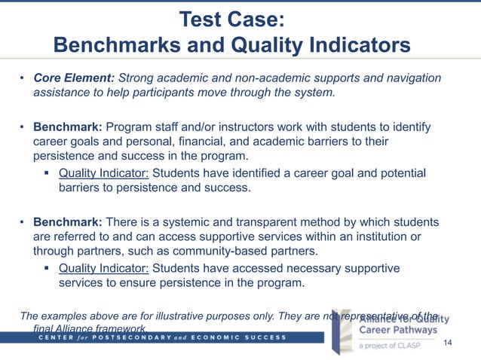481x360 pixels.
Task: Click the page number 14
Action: coord(448,344)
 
